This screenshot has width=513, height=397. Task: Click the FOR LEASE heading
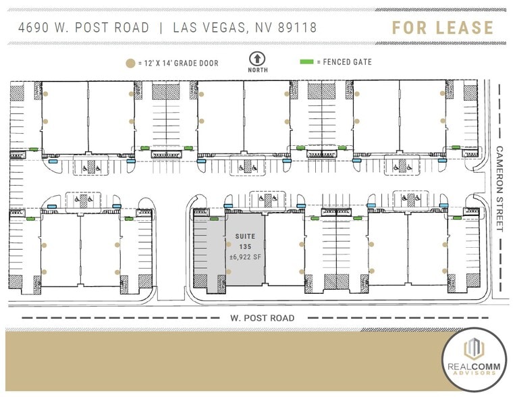coord(443,28)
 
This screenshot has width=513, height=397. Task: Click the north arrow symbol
coord(256,58)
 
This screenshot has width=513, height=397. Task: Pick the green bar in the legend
coord(306,63)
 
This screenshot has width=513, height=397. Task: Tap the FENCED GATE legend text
coord(348,63)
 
